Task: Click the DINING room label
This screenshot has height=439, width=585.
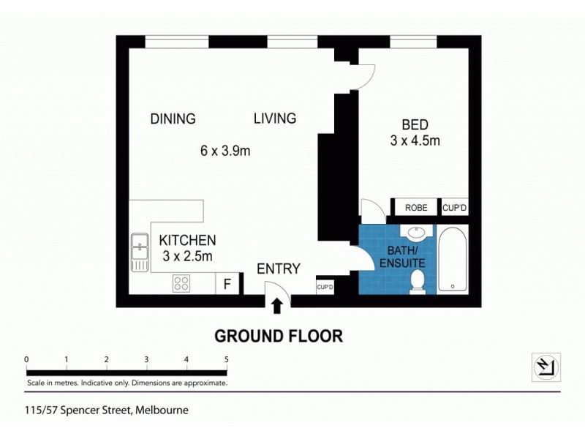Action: [173, 119]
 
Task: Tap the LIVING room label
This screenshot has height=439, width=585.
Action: [275, 118]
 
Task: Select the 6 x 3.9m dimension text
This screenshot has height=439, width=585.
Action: [226, 151]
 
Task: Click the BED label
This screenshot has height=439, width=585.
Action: [415, 124]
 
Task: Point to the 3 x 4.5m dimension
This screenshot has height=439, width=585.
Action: [415, 140]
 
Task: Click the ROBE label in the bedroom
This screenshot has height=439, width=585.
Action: [416, 208]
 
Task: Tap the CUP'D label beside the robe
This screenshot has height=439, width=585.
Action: [454, 208]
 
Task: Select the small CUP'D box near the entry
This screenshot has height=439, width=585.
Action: [325, 287]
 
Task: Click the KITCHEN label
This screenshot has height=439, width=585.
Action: [188, 240]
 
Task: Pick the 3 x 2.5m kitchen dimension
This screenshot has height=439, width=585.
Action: [186, 256]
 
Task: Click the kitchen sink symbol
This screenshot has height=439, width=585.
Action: [139, 250]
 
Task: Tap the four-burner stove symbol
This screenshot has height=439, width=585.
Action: [182, 282]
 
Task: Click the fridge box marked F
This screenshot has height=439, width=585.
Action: [227, 283]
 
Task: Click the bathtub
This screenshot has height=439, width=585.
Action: [453, 260]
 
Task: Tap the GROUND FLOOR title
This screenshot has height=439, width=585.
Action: [278, 337]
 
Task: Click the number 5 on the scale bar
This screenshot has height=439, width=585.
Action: [227, 359]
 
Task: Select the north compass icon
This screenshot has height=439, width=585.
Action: [546, 366]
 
